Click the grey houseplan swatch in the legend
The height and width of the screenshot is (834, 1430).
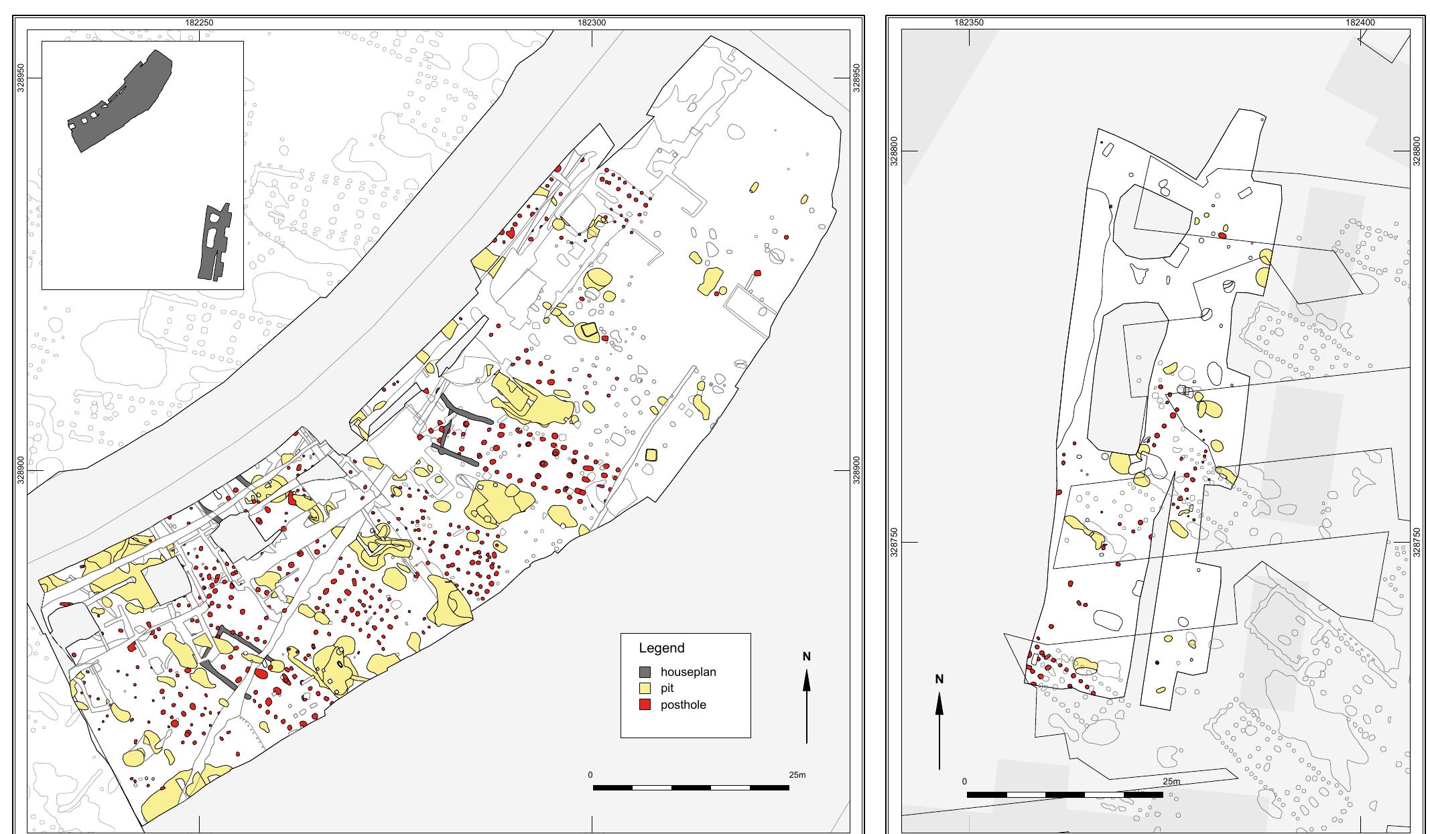tap(645, 672)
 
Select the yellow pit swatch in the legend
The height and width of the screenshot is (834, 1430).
tap(645, 688)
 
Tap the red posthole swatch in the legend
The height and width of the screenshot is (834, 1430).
tap(645, 705)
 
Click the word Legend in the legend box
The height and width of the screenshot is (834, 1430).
tap(661, 648)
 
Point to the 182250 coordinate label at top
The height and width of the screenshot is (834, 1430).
tap(200, 23)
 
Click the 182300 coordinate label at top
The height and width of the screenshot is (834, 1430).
tap(592, 23)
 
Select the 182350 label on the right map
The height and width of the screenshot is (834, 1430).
tap(969, 23)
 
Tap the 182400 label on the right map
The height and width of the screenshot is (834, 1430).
tap(1360, 23)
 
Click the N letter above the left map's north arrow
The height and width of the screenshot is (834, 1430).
tap(807, 656)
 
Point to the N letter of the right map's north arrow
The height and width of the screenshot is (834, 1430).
tap(939, 679)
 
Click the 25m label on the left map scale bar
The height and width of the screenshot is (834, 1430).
tap(797, 775)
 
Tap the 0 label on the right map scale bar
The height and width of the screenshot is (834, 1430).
tap(964, 782)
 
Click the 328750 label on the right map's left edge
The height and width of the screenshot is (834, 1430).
tap(894, 542)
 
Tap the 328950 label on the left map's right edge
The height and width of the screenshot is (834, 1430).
tap(856, 78)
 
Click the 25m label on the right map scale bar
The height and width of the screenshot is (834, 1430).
tap(1171, 782)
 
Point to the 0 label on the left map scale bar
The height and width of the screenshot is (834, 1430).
tap(590, 775)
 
